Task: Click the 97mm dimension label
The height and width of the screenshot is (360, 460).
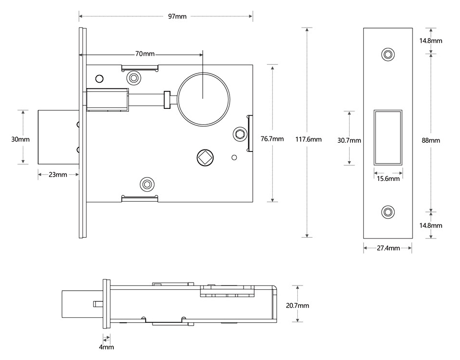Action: [177, 16]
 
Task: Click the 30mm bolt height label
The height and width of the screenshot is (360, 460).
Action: [20, 139]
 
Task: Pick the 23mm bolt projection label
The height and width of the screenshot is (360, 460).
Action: [58, 174]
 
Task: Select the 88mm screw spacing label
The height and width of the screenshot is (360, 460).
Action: [431, 140]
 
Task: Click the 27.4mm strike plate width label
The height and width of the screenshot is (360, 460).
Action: [388, 248]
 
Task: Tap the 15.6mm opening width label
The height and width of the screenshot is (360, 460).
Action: [388, 179]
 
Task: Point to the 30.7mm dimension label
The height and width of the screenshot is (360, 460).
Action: [349, 140]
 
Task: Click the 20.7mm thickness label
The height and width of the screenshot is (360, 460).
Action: [297, 305]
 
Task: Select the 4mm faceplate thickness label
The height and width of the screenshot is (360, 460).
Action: [107, 347]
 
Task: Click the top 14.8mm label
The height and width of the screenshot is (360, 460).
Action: [430, 41]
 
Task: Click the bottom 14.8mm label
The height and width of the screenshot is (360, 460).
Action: [430, 225]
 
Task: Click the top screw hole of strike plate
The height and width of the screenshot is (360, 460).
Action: [387, 54]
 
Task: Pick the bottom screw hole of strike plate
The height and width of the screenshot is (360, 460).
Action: [387, 212]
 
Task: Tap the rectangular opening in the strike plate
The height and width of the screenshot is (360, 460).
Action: [387, 137]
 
